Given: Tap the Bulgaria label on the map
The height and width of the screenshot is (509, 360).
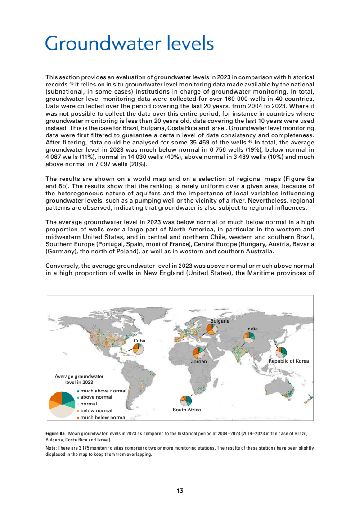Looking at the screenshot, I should [x=220, y=321].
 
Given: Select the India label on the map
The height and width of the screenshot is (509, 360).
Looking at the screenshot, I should [x=252, y=329].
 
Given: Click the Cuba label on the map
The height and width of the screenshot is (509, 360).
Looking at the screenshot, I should [x=139, y=341].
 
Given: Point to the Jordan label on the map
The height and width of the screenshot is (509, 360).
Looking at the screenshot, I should [x=198, y=361].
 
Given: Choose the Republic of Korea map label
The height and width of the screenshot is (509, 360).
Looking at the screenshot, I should [x=288, y=361].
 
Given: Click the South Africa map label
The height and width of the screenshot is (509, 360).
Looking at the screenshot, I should [x=187, y=410].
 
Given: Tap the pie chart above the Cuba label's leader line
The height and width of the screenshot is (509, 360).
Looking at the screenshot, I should [x=138, y=349].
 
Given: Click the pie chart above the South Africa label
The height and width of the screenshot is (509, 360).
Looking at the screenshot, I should [x=186, y=401].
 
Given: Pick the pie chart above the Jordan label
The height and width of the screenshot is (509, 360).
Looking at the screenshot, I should [x=198, y=353].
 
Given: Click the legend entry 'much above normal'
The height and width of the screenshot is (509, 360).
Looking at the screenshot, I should [x=103, y=391].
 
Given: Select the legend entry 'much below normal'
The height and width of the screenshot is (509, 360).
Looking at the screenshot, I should [x=103, y=417].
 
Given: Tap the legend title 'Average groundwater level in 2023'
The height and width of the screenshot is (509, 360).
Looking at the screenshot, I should [x=79, y=379].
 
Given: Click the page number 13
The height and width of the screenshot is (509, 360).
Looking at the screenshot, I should [x=180, y=491].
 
